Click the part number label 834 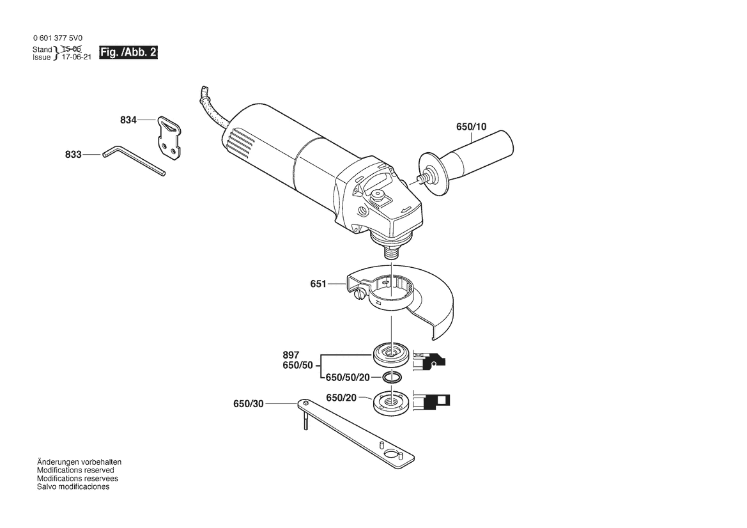[x=128, y=120]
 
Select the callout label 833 [x=73, y=155]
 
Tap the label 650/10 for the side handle [x=471, y=127]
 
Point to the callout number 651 [x=318, y=284]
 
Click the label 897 [x=291, y=355]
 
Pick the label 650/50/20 [x=348, y=377]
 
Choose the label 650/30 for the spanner [x=248, y=403]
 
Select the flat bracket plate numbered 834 [x=169, y=137]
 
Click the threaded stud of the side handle [x=421, y=179]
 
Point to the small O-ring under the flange [x=391, y=378]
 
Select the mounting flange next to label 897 [x=391, y=355]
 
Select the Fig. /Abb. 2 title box [x=128, y=52]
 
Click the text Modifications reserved [x=76, y=470]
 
